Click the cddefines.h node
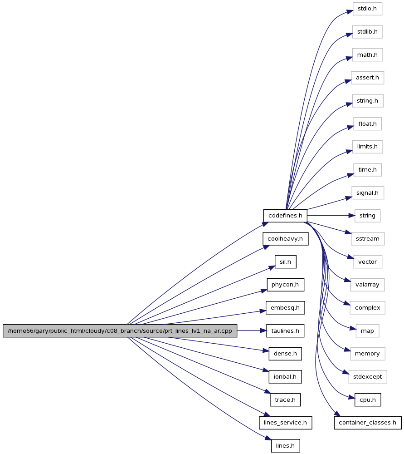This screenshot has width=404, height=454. (x=285, y=216)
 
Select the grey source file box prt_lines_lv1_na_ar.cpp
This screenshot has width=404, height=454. (x=120, y=331)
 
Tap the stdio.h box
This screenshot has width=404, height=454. (x=367, y=9)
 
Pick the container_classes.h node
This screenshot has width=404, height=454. (x=368, y=423)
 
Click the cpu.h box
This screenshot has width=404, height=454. (x=368, y=400)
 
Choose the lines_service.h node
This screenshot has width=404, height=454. (x=286, y=423)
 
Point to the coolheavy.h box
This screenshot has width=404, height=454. (x=286, y=239)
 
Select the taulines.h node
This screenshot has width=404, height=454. (x=285, y=331)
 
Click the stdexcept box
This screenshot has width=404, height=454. (x=368, y=377)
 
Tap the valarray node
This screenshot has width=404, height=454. (x=368, y=285)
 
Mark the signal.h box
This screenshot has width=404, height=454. (x=368, y=193)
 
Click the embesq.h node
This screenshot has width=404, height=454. (x=285, y=308)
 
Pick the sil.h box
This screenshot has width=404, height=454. (x=286, y=262)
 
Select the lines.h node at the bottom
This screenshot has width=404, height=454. (x=286, y=446)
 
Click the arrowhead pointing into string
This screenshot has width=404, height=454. (x=352, y=216)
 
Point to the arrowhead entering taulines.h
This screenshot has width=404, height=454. (x=263, y=331)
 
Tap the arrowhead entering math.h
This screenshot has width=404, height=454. (x=349, y=58)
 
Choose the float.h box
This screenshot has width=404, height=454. (x=368, y=124)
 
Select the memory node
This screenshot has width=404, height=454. (x=368, y=354)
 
